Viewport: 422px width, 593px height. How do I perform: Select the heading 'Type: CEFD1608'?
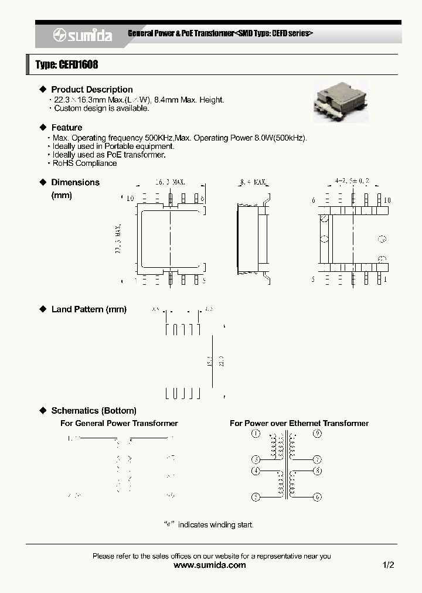[x=67, y=65]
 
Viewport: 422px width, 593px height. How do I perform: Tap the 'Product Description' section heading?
[x=92, y=90]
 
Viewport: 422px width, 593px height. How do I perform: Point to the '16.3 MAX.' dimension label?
[x=171, y=183]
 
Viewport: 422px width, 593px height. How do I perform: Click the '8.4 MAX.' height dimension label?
[x=253, y=183]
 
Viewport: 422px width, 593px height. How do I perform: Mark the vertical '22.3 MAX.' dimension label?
[x=119, y=238]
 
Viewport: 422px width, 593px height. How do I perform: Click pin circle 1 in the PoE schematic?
[x=255, y=434]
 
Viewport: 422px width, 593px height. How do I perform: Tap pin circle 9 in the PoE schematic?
[x=317, y=434]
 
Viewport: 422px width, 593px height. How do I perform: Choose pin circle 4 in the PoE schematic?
[x=256, y=471]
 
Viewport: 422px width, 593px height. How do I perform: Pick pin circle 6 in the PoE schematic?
[x=317, y=497]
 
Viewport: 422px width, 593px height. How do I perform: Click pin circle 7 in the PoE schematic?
[x=317, y=459]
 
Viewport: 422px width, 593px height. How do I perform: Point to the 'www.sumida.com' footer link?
[x=210, y=565]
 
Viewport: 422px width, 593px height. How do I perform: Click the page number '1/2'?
[x=388, y=565]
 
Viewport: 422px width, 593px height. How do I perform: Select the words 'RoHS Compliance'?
[x=84, y=163]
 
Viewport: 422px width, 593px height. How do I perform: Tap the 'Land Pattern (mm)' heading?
[x=89, y=309]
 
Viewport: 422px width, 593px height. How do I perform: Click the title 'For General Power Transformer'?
[x=119, y=423]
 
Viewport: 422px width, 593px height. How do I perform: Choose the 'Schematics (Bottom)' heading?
[x=94, y=411]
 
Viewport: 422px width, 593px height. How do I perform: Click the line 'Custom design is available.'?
[x=101, y=108]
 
